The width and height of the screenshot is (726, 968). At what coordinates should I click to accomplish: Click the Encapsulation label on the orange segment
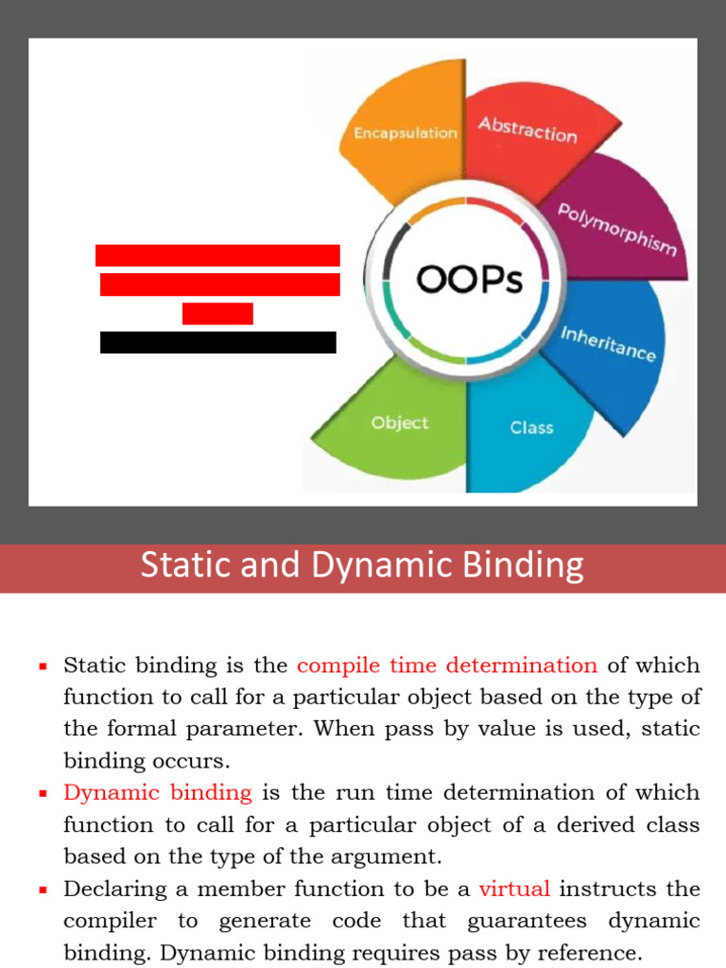406,133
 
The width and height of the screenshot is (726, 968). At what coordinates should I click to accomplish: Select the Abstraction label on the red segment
527,130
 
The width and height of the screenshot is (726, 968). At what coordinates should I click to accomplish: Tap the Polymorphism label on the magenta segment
616,229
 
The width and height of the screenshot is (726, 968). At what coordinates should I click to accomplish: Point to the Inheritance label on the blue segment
608,344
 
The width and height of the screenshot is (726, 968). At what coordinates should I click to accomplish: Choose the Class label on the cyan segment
531,427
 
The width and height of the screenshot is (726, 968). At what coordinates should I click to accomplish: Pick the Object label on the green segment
400,423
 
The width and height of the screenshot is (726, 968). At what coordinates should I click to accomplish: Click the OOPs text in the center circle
470,280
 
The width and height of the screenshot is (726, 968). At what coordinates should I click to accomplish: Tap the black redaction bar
218,342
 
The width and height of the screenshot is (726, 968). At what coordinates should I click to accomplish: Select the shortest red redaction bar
217,314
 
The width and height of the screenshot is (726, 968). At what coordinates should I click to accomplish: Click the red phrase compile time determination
447,665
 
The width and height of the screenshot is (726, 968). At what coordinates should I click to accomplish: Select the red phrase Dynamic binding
158,792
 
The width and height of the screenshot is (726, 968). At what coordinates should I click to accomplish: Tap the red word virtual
514,889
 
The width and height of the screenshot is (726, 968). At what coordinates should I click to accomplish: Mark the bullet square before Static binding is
43,666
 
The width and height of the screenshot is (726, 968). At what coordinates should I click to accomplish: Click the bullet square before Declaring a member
43,890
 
